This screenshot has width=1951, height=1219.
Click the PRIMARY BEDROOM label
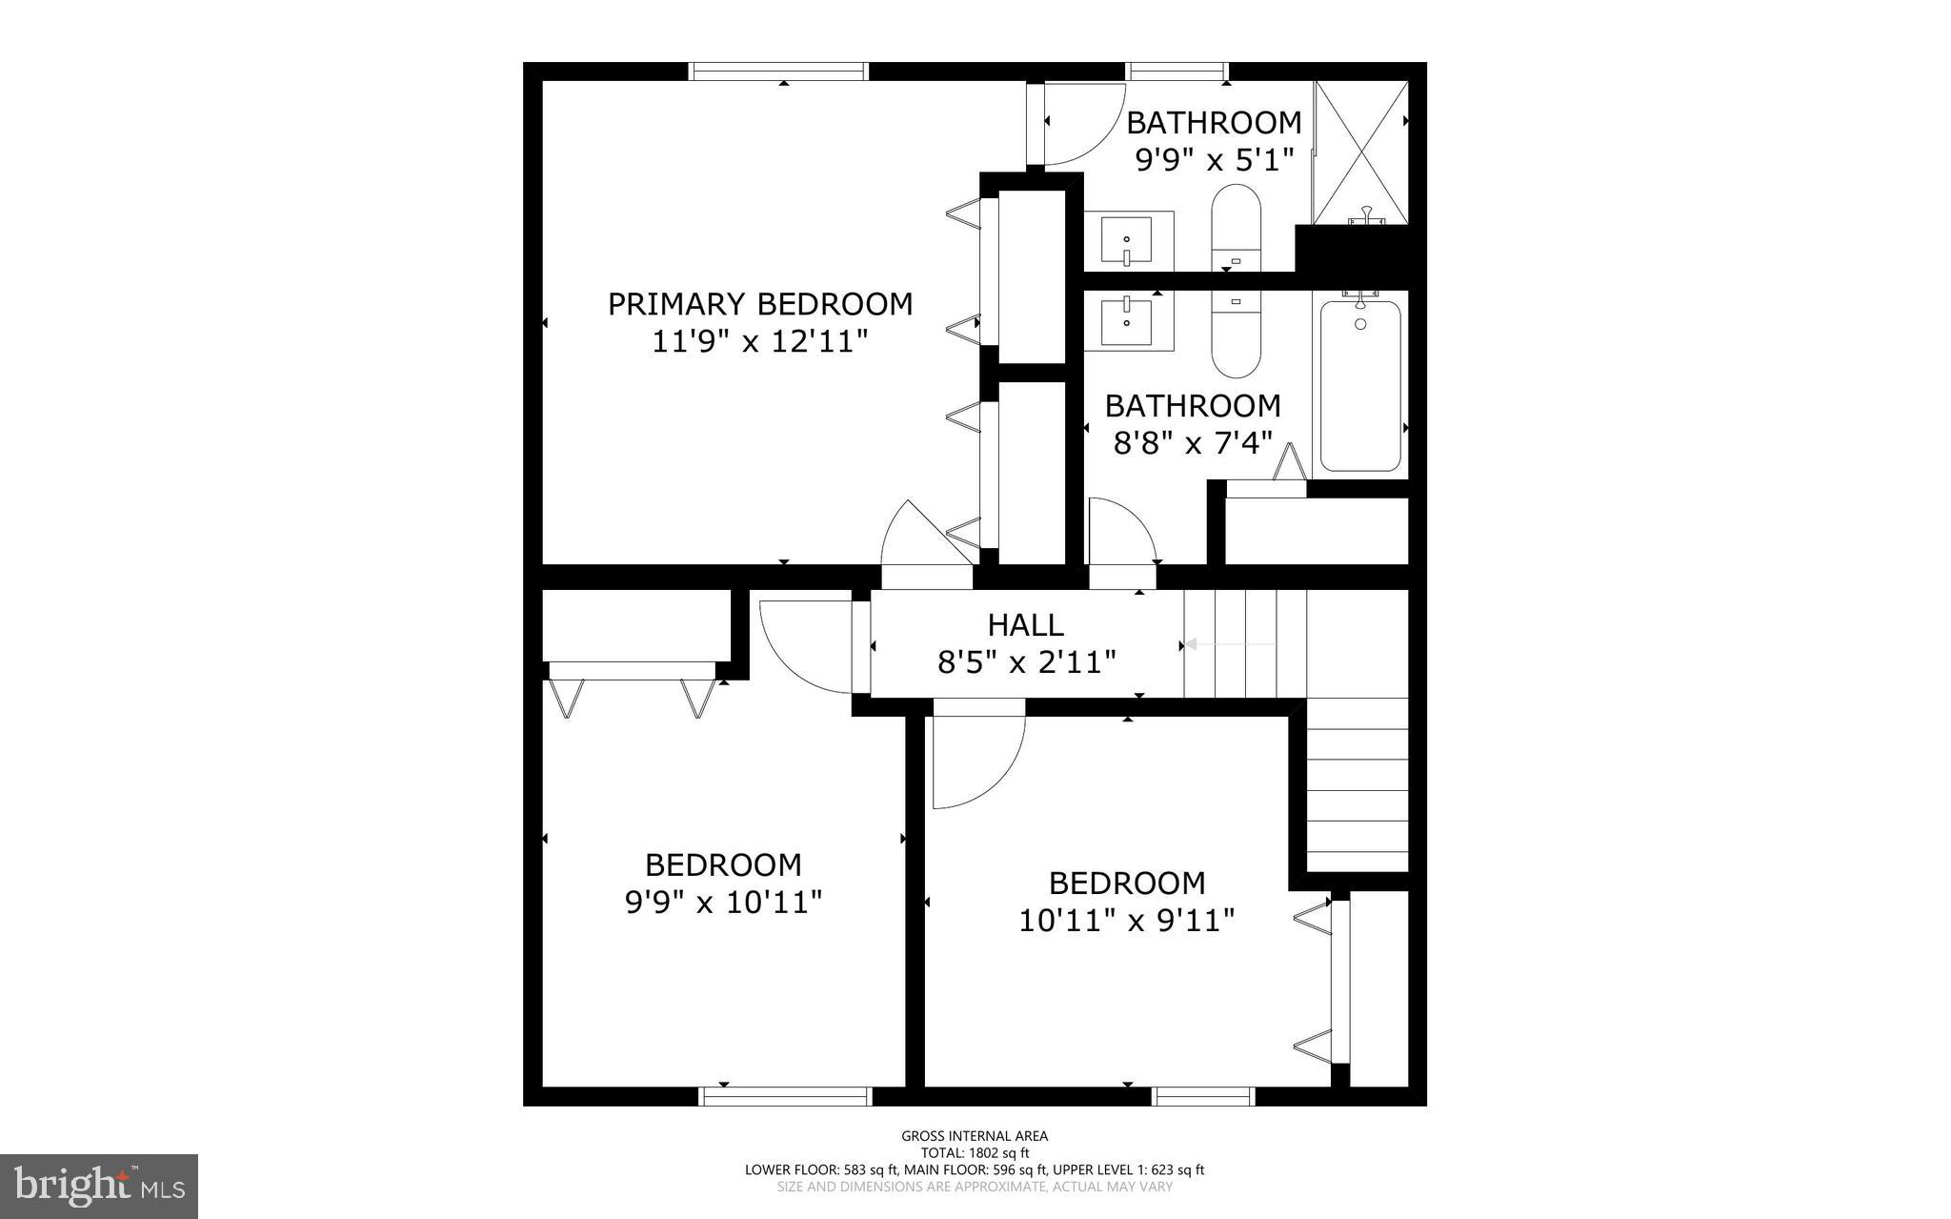click(x=760, y=304)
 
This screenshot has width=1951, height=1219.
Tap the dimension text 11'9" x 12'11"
click(x=760, y=341)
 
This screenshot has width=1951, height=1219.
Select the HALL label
click(x=1025, y=625)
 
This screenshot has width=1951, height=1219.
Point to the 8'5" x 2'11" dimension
click(x=1026, y=661)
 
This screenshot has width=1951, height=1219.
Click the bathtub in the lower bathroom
click(x=1360, y=385)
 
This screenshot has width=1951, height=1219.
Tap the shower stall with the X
click(x=1360, y=152)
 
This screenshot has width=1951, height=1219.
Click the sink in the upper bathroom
click(x=1127, y=241)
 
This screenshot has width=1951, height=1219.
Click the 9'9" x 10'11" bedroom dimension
click(x=723, y=902)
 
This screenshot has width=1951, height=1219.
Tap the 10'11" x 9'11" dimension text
click(x=1127, y=921)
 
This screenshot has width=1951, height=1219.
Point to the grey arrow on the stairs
click(x=1230, y=645)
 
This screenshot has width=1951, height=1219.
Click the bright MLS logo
click(x=99, y=1186)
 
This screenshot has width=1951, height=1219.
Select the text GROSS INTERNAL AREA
click(x=975, y=1136)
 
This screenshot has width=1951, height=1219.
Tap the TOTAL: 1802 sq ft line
click(x=975, y=1152)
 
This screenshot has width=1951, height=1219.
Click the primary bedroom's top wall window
click(x=778, y=71)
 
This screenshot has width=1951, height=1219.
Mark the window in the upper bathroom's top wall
click(x=1177, y=71)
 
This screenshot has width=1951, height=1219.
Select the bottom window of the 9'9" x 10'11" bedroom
click(x=786, y=1097)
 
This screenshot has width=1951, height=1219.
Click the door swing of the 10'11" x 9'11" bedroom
click(x=976, y=758)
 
